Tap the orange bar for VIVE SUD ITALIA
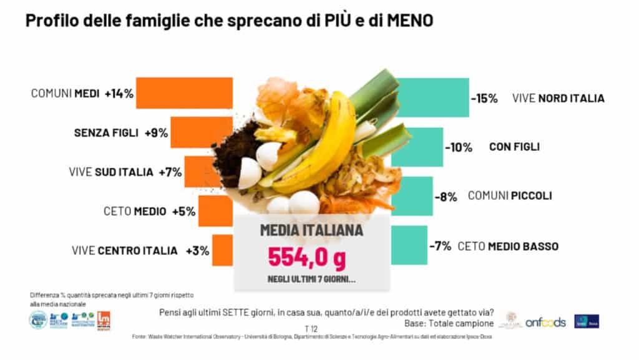point(199,172)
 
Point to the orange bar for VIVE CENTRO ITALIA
point(222,250)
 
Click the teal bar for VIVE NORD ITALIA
point(437,97)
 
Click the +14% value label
point(119,94)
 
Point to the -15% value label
point(484,98)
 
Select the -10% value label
point(459,147)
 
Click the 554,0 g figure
point(306,256)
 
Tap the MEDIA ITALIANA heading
point(311,230)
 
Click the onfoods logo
point(545,322)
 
